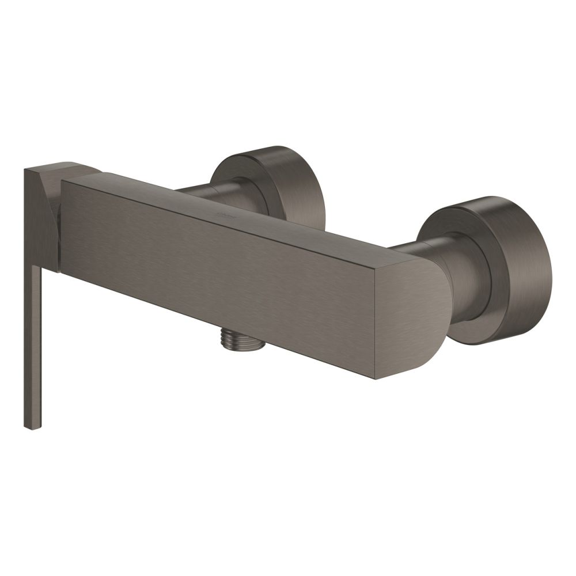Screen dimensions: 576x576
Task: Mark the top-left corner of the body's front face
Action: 62,182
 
